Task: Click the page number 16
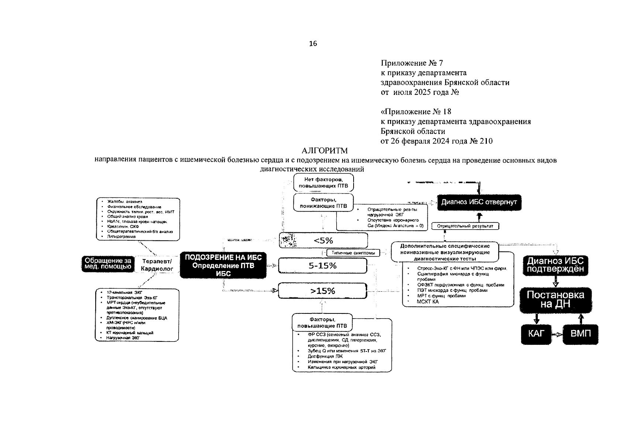(x=313, y=44)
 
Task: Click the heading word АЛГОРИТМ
(x=324, y=151)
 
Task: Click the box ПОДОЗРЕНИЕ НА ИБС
(x=223, y=265)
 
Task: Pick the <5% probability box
(x=323, y=241)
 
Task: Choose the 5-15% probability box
(x=323, y=266)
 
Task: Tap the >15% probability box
(x=323, y=291)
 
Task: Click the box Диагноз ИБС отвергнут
(x=479, y=202)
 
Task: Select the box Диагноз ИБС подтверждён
(x=555, y=265)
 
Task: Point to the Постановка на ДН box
(x=555, y=299)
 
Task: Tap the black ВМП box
(x=580, y=334)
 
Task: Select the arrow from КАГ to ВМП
(x=557, y=334)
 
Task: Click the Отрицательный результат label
(x=465, y=226)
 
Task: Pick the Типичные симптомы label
(x=353, y=253)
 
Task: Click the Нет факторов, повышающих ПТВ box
(x=323, y=183)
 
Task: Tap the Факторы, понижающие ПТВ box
(x=323, y=203)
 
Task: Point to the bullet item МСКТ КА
(x=428, y=302)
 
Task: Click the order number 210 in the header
(x=486, y=141)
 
